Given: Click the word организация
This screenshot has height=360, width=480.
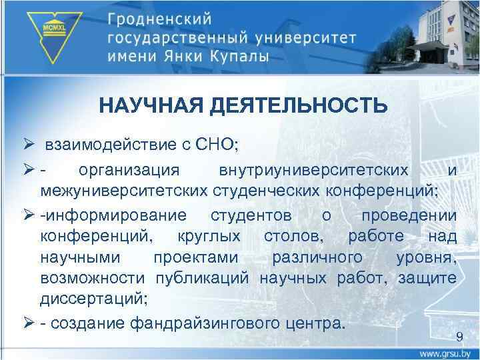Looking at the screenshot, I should click(129, 171).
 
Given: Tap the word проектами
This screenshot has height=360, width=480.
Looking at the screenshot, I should click(193, 257).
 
